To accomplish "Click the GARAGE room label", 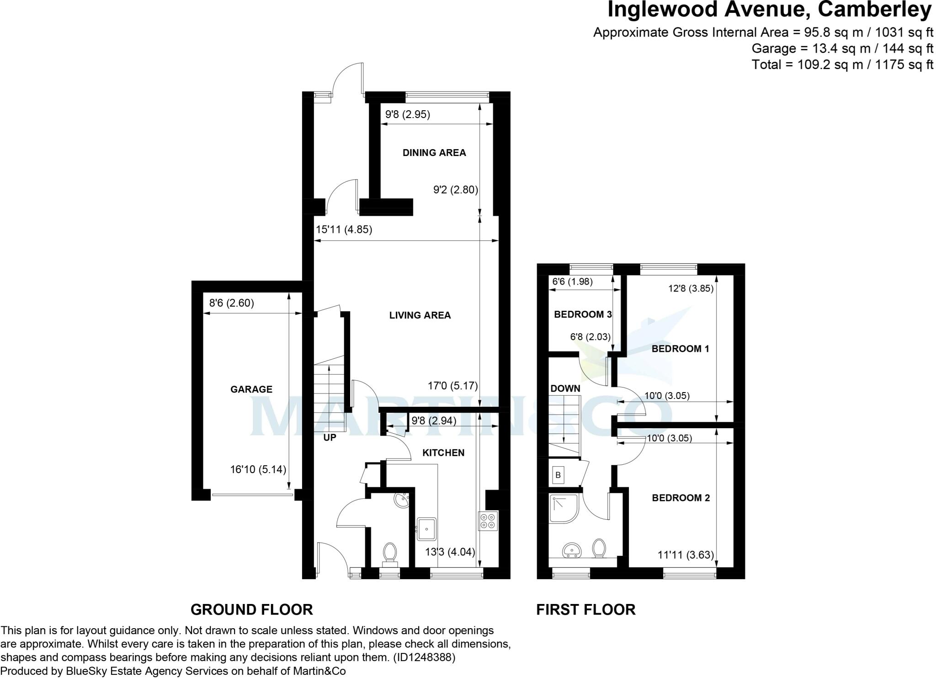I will click(251, 389).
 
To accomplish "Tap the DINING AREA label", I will click(434, 153).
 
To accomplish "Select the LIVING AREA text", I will click(420, 315).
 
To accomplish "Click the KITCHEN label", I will click(443, 453).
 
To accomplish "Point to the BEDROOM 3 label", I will click(582, 314).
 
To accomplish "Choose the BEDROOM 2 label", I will click(681, 498).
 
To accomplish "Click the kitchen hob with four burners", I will click(488, 521).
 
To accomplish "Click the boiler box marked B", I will click(558, 475).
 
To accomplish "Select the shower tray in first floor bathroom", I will click(564, 508).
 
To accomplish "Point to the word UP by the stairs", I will click(330, 438).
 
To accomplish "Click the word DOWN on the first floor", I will click(565, 388).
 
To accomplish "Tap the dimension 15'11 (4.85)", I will click(344, 230).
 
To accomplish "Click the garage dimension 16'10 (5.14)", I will click(258, 469).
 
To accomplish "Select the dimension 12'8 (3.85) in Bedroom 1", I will click(690, 288).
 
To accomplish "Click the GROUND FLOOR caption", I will click(251, 610).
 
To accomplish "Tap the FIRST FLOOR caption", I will click(585, 610).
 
